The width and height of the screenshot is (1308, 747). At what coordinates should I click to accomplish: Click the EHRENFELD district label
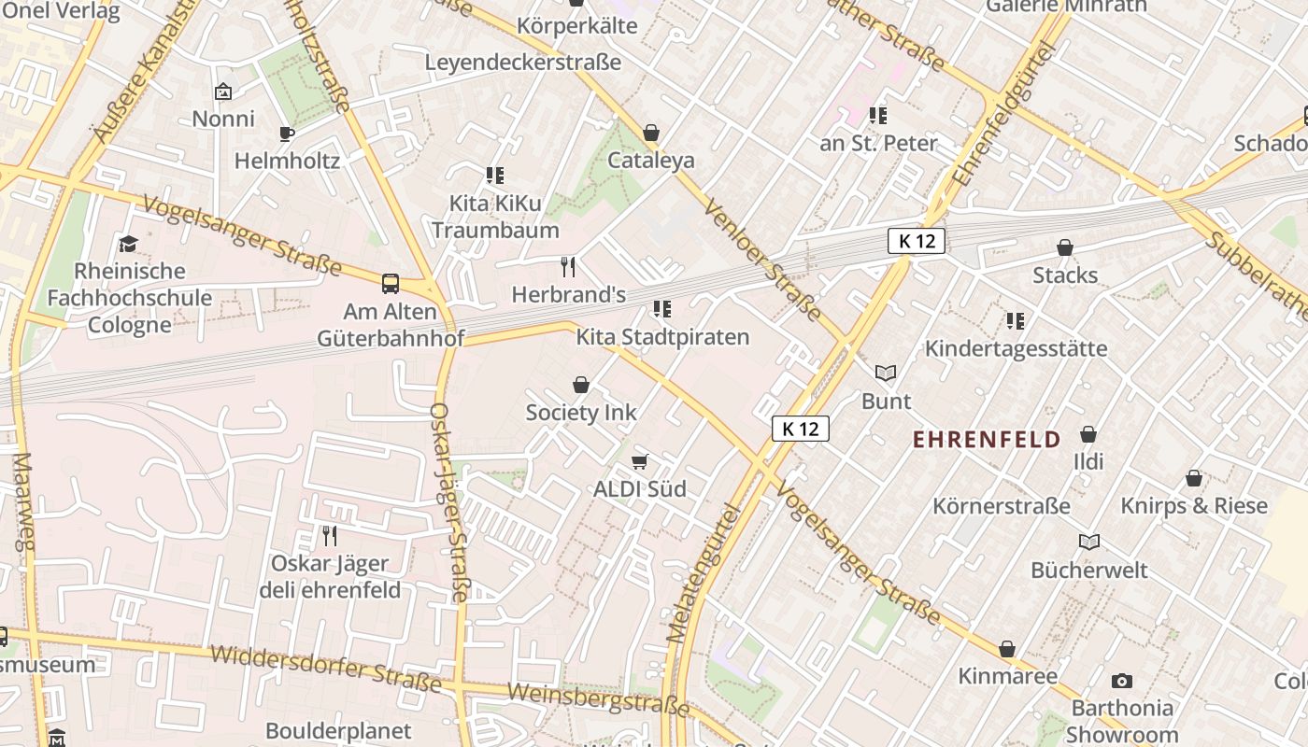coord(987,439)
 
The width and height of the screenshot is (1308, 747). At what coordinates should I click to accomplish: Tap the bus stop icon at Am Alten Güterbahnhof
coord(391,284)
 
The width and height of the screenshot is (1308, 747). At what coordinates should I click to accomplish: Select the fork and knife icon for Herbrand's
coord(568,267)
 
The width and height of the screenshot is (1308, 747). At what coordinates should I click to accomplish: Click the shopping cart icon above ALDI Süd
coord(640,461)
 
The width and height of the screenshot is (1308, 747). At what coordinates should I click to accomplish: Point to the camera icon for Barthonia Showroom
coord(1122,681)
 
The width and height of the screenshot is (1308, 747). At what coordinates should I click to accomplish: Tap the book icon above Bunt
coord(886,373)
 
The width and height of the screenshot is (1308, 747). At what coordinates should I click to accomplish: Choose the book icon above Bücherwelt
coord(1089,542)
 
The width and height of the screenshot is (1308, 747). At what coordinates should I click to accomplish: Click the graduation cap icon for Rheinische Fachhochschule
coord(129,244)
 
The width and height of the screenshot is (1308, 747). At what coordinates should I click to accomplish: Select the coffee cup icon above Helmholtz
coord(287,134)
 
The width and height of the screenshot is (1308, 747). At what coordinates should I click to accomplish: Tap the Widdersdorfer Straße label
coord(325,668)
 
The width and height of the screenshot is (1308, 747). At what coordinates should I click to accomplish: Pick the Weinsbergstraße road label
coord(598,699)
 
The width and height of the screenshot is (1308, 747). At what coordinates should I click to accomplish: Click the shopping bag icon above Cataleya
coord(651,133)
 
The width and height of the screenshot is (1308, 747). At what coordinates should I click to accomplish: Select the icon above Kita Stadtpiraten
coord(662,309)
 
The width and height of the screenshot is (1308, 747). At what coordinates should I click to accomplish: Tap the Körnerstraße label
coord(1002,506)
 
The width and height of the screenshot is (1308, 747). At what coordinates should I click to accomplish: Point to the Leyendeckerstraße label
coord(523,63)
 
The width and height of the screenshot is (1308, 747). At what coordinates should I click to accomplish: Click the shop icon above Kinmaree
coord(1007,649)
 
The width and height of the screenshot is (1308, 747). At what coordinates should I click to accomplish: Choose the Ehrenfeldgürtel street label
coord(1003,114)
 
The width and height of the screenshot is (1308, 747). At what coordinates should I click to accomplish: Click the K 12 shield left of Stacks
coord(917,241)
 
